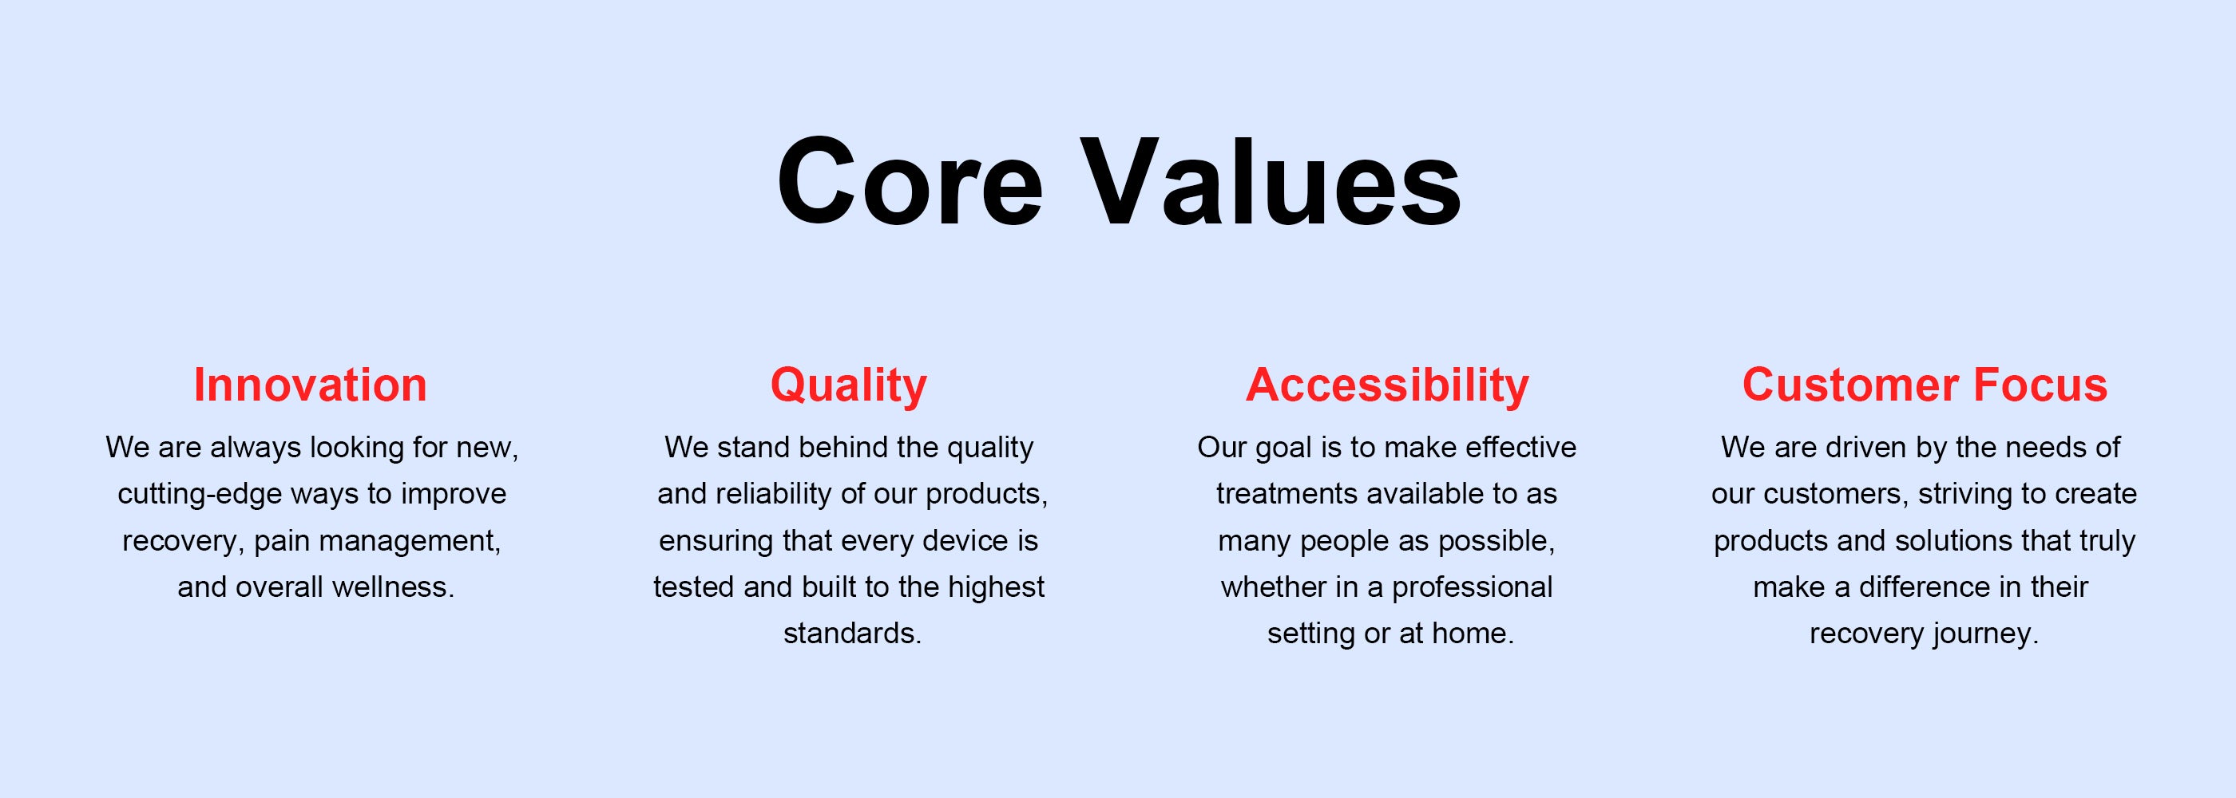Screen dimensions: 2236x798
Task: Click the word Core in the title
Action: pyautogui.click(x=910, y=182)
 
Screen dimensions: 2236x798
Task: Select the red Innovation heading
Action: pyautogui.click(x=310, y=385)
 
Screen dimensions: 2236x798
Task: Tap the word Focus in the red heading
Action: pyautogui.click(x=2040, y=385)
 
